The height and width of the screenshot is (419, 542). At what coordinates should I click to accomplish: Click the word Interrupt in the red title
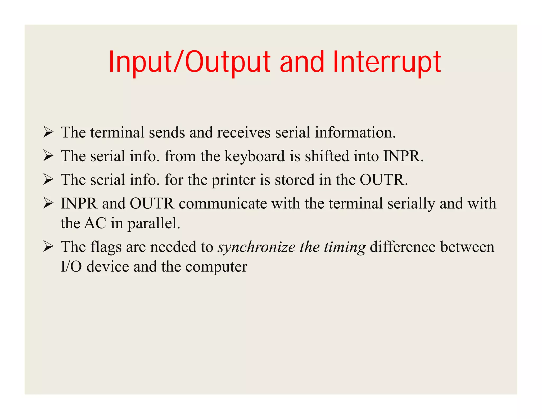[387, 62]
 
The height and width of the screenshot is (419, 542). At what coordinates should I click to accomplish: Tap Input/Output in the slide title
[189, 62]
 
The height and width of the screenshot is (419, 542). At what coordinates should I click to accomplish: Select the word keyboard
[255, 156]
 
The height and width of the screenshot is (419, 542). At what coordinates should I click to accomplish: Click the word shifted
[327, 156]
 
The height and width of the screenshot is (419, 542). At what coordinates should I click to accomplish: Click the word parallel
[153, 223]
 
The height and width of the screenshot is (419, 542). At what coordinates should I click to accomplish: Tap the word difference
[402, 247]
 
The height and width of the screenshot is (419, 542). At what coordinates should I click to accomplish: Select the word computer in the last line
[216, 267]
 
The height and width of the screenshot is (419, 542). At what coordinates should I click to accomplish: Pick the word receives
[243, 132]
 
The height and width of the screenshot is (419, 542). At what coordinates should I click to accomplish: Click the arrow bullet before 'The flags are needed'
[48, 247]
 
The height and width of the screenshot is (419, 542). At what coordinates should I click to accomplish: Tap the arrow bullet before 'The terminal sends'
[48, 132]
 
